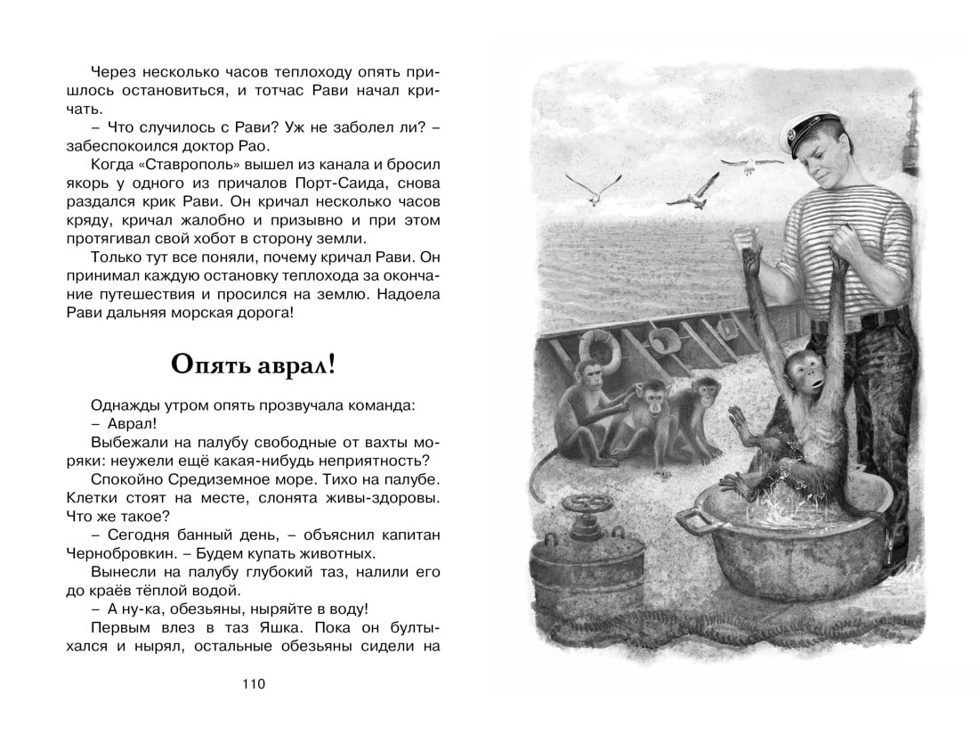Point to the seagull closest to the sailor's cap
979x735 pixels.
coord(745,167)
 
